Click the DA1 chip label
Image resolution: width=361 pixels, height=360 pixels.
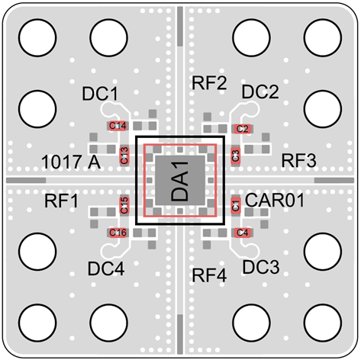[x=180, y=181]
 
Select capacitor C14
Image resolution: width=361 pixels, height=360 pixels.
[x=118, y=126]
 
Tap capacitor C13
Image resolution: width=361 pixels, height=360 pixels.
[x=124, y=156]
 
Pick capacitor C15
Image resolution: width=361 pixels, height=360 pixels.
[x=124, y=205]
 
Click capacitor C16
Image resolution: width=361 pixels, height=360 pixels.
[x=118, y=233]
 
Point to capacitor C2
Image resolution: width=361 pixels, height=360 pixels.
[x=243, y=129]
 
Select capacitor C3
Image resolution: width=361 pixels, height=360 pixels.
[x=236, y=156]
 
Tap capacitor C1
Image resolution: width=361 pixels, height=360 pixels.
[x=236, y=205]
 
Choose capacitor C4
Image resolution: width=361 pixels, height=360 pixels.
[x=243, y=233]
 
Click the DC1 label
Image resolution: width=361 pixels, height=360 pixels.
[x=100, y=94]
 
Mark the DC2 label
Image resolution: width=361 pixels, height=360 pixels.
[x=260, y=92]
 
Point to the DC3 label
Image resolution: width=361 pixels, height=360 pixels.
[x=261, y=267]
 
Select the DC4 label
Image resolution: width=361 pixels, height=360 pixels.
[x=106, y=268]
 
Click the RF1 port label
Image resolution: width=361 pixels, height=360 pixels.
[x=61, y=201]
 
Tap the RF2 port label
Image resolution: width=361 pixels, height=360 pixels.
[x=209, y=82]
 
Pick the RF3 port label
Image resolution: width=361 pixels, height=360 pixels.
[x=299, y=160]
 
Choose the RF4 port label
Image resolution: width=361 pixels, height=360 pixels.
[x=209, y=275]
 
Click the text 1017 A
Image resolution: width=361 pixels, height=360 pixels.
[x=71, y=162]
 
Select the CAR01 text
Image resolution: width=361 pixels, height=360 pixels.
[x=275, y=200]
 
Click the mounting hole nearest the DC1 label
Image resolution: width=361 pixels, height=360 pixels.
[x=108, y=37]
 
